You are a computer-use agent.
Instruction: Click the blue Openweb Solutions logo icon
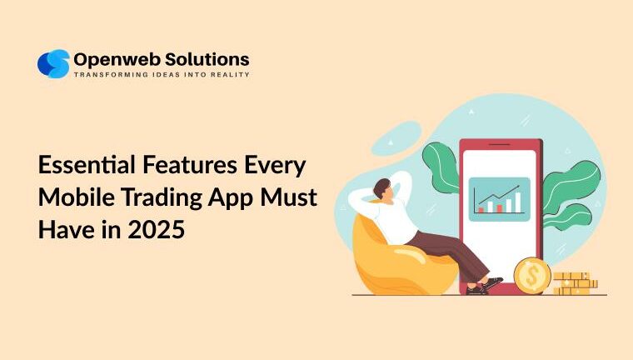coord(53,64)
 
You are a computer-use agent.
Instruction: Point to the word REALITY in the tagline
coord(230,75)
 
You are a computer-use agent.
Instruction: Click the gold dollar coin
coord(531,275)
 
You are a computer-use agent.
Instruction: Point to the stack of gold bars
coord(575,283)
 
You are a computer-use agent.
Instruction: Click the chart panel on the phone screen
coord(499,198)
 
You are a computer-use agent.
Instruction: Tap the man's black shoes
coord(483,287)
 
